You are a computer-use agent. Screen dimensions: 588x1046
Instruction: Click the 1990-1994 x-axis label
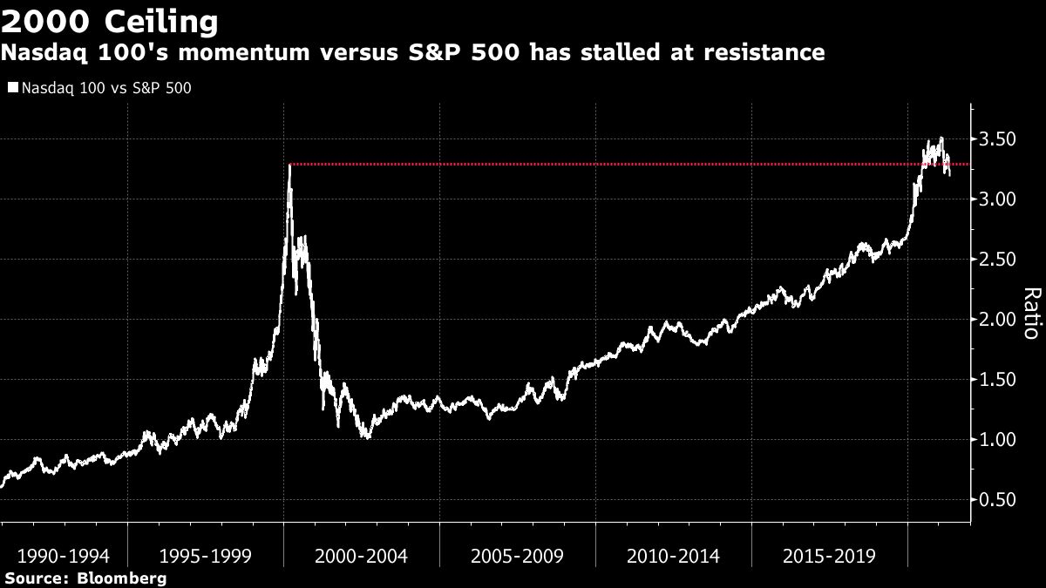[56, 555]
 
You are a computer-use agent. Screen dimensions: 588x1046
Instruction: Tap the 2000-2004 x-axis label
[362, 555]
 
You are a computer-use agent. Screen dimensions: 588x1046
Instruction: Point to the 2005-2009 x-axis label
[518, 555]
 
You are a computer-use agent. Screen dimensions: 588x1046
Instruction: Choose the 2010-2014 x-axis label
[674, 555]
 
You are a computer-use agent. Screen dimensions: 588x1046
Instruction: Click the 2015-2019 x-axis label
[830, 555]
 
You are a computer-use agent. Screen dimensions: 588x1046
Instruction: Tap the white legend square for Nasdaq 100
[12, 87]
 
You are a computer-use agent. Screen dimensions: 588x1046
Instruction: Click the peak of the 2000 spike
[289, 165]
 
